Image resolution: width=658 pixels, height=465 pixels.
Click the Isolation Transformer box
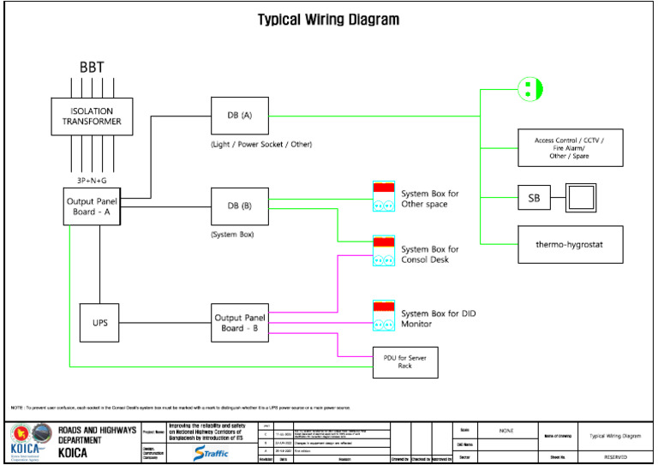pos(92,116)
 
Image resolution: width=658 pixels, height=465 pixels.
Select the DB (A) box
pos(240,115)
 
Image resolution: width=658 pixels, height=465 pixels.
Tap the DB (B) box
pos(240,206)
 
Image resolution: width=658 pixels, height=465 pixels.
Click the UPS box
pos(99,323)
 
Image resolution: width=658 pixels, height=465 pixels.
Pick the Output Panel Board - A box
pos(93,206)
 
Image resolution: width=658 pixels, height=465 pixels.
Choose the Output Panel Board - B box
pos(240,323)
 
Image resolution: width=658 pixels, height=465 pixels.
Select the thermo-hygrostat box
pos(570,244)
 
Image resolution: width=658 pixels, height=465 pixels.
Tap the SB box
pos(535,199)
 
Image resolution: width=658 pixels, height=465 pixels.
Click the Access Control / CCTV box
pos(570,147)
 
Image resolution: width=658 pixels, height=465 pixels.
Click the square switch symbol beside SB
pos(582,199)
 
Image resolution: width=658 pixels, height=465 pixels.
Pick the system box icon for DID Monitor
pos(383,315)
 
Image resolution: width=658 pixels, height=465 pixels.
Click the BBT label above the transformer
pos(93,67)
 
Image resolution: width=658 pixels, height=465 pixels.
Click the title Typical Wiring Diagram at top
pos(328,19)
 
